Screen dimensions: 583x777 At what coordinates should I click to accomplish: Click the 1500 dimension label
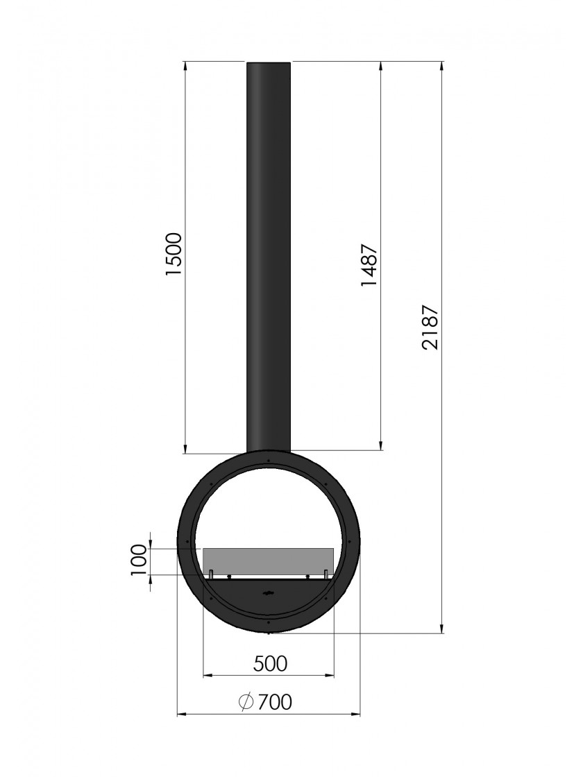174,254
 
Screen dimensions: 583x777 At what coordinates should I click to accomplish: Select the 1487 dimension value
370,264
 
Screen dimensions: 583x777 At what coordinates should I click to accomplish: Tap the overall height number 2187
430,327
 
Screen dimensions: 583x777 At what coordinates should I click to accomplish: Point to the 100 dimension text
139,560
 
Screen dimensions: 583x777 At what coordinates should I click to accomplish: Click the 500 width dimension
270,663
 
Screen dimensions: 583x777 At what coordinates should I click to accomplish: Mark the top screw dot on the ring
268,461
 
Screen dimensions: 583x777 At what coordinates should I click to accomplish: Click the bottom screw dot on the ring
268,621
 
